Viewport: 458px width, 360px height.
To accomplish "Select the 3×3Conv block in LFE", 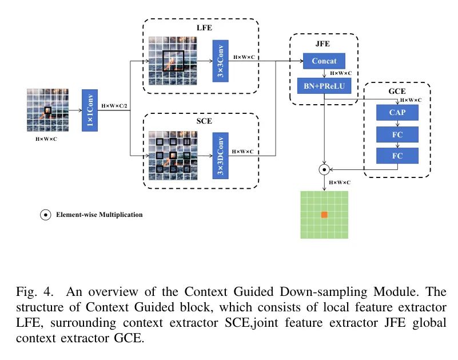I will tap(220, 61).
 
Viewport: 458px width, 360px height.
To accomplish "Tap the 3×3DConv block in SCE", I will tap(220, 155).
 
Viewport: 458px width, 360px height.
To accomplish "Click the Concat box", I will tap(324, 61).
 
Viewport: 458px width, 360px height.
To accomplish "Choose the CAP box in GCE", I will tap(397, 113).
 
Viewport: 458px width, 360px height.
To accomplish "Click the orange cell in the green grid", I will tap(324, 215).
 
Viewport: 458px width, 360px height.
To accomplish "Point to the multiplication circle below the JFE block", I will tap(324, 169).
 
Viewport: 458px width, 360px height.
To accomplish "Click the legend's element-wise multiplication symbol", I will tap(44, 215).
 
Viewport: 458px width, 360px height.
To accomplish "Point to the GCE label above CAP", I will tap(397, 91).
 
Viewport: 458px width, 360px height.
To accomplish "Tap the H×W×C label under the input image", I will tap(47, 138).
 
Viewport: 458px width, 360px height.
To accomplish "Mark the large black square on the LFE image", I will tap(173, 61).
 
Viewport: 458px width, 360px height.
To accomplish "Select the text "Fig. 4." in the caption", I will tap(30, 291).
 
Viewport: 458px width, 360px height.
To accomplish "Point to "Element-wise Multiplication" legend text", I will tap(99, 215).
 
